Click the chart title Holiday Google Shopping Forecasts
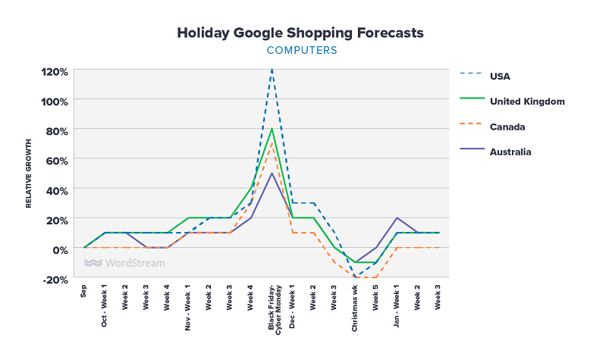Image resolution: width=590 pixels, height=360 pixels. tap(300, 33)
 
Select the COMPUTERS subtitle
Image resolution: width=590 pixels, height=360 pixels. tap(301, 51)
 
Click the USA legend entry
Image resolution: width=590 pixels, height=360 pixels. tap(501, 75)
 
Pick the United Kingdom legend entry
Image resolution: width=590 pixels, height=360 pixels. tap(526, 101)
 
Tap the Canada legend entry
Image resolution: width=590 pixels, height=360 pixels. tap(507, 127)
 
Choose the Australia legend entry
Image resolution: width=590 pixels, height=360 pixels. tap(510, 152)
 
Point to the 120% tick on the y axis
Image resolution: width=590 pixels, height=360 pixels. tap(55, 72)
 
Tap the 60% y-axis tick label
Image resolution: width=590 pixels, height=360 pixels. tap(58, 160)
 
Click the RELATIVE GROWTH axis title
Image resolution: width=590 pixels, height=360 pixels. tap(29, 174)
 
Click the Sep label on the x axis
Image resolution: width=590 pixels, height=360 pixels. tap(84, 292)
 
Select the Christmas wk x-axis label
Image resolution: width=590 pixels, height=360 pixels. tap(355, 308)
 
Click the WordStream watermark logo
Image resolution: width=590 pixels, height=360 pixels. tap(124, 264)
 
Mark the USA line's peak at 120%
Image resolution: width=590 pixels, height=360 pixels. tap(271, 70)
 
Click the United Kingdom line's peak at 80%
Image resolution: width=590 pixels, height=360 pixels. tap(271, 130)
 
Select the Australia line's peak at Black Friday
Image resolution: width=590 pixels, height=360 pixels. tap(271, 174)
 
